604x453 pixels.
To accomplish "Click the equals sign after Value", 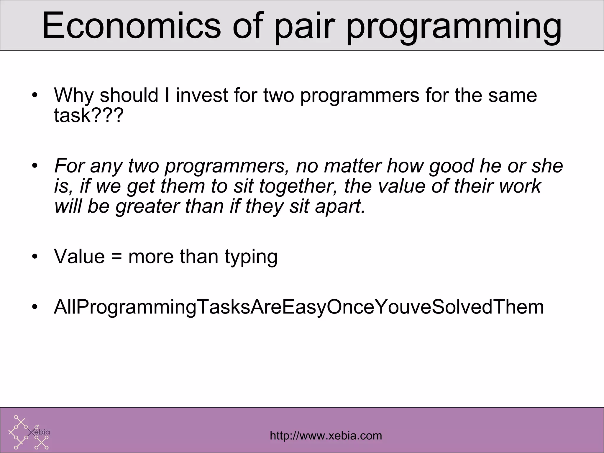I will (x=116, y=257).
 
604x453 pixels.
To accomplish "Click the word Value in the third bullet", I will (x=79, y=257).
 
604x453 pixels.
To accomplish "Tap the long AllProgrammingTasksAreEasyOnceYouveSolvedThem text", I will (x=299, y=307).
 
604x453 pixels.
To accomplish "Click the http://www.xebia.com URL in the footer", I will (x=326, y=436).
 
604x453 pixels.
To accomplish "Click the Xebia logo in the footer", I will (x=29, y=432).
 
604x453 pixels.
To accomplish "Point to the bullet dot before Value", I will (x=35, y=257).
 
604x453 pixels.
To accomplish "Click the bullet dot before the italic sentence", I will (x=35, y=166).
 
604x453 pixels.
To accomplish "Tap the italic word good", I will (x=450, y=166).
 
